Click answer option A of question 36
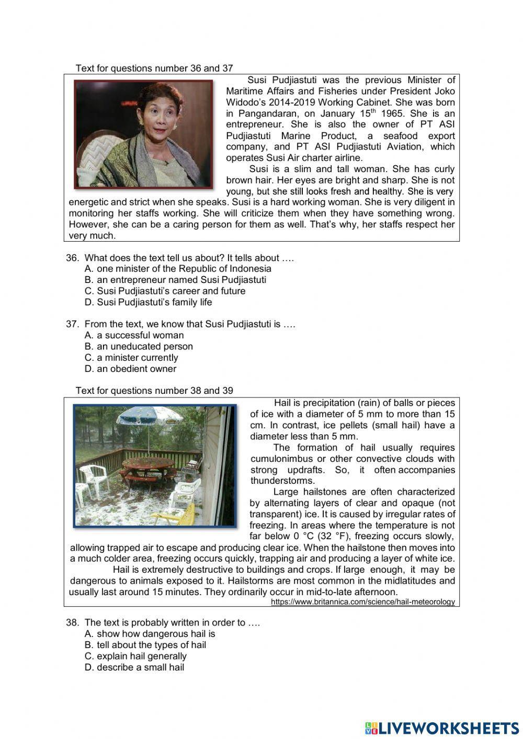tap(178, 268)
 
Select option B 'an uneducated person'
tap(139, 346)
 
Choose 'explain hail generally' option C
tap(135, 656)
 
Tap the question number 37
tap(72, 324)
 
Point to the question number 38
tap(72, 622)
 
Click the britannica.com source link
tap(363, 602)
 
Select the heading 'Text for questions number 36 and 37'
tap(154, 68)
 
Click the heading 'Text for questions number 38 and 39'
tap(154, 391)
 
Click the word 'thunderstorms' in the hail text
tap(282, 481)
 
